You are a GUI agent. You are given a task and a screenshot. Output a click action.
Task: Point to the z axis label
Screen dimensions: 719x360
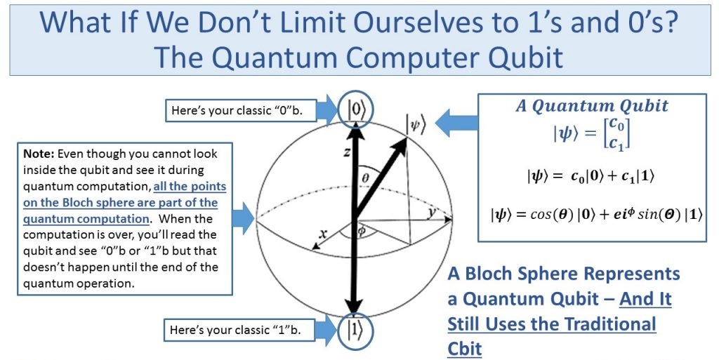point(348,152)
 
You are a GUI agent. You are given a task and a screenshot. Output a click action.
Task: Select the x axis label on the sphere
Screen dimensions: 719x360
point(323,234)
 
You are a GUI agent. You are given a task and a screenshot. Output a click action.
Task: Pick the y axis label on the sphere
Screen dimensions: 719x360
point(432,213)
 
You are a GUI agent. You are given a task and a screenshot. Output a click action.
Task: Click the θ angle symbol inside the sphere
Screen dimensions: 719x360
point(365,178)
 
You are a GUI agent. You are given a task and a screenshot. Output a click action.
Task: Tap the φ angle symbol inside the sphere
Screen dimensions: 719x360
point(362,232)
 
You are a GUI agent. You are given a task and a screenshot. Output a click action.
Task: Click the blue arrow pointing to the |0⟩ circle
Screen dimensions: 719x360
point(328,110)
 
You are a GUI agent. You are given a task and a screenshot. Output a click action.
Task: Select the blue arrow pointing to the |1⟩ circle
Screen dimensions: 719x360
point(326,329)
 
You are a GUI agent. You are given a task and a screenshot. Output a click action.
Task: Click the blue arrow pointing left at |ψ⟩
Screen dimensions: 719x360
point(456,123)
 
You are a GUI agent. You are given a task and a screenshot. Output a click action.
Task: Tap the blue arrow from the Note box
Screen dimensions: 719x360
point(243,218)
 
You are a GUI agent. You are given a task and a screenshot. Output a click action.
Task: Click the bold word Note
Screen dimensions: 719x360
point(39,154)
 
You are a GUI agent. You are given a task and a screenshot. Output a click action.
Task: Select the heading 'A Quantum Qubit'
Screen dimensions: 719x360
point(592,106)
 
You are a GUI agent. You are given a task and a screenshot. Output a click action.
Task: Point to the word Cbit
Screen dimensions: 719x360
point(465,349)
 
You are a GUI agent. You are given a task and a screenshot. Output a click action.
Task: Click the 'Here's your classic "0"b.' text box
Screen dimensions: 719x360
point(241,110)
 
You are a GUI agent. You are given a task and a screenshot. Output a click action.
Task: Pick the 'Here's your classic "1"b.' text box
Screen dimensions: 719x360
point(239,330)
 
